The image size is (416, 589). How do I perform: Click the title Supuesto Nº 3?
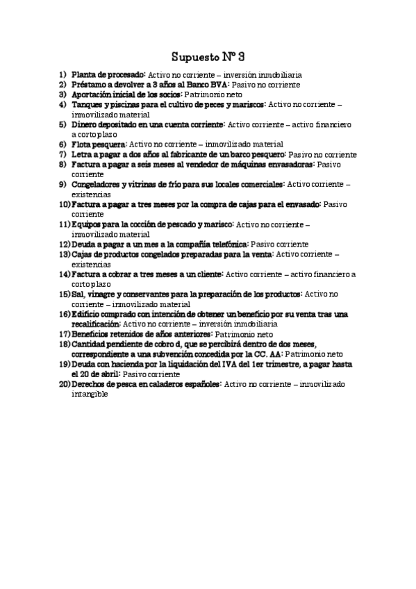coord(208,55)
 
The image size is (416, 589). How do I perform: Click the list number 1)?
coord(63,74)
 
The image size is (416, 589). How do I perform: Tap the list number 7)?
coord(63,154)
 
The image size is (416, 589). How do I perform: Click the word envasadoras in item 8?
coord(286,165)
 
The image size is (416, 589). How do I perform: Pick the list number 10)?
coord(64,205)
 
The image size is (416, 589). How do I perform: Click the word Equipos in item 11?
coord(88,225)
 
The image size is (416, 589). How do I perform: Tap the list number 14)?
coord(64,274)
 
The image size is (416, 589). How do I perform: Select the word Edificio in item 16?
coord(88,315)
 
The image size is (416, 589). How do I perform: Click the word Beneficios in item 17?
coord(92,334)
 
